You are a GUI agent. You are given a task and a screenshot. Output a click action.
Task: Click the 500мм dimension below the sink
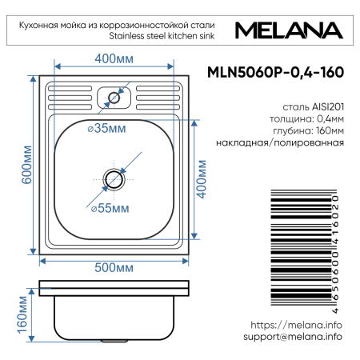pos(112,267)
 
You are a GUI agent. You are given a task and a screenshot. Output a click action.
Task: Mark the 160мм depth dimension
pos(20,314)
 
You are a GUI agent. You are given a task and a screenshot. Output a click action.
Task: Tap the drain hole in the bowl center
pos(114,177)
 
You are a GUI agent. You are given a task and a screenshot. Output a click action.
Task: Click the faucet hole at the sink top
pos(112,98)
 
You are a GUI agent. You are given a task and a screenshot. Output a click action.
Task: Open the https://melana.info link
pos(296,325)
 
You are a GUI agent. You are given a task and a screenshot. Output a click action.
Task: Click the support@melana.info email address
pos(292,337)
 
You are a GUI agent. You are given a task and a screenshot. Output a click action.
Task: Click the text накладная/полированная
pos(280,142)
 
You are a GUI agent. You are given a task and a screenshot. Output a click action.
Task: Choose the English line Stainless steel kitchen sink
pos(163,34)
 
